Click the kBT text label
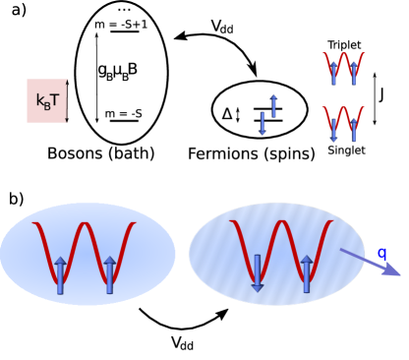47,100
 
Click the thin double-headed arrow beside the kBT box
67,100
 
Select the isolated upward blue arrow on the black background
273,106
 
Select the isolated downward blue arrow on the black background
263,123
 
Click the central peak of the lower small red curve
344,109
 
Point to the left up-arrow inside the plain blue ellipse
60,275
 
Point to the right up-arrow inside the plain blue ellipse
110,275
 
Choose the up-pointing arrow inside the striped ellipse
307,274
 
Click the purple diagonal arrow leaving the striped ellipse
370,262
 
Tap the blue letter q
381,254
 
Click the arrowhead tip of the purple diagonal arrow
399,274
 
